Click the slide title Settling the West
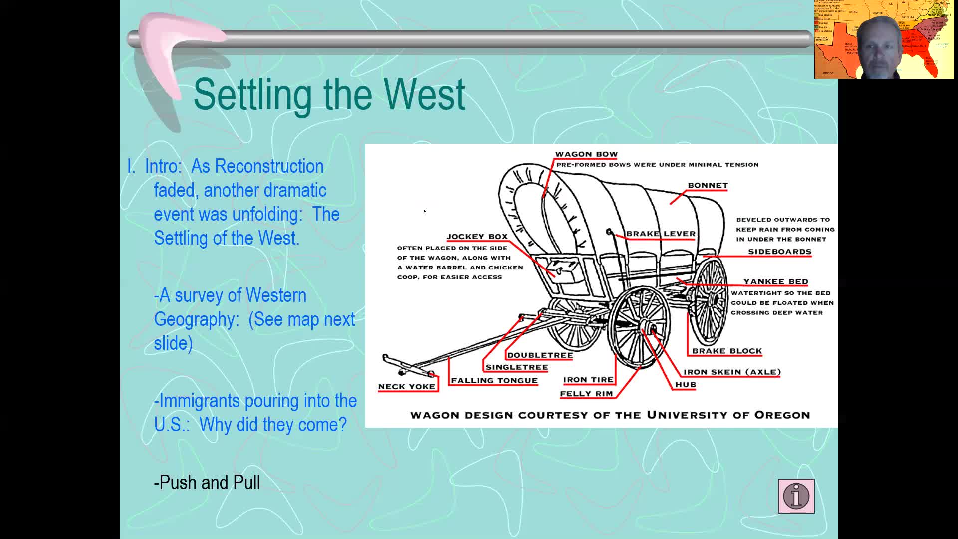(x=329, y=94)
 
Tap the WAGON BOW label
(x=586, y=154)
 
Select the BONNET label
(x=708, y=185)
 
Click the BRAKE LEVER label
(x=661, y=234)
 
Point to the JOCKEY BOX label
(x=477, y=237)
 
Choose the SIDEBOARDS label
(x=779, y=252)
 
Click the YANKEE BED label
(x=775, y=282)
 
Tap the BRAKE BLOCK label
(x=726, y=351)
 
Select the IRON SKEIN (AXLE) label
(x=731, y=372)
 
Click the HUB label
(x=685, y=385)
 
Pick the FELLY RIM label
(x=586, y=394)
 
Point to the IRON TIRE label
(x=588, y=380)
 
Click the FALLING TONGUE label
(x=494, y=381)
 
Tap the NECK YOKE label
(x=406, y=387)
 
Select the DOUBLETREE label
(x=540, y=355)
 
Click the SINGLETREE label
(x=516, y=367)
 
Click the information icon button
(x=796, y=496)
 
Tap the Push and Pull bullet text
(x=207, y=483)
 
